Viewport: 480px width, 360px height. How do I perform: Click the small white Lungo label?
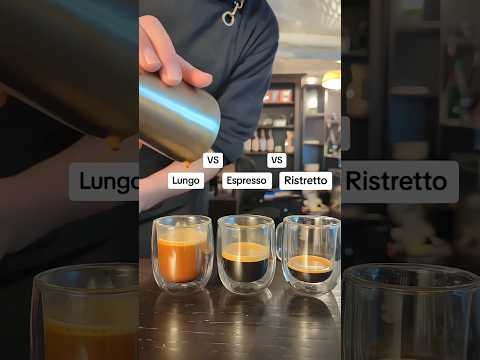click(186, 181)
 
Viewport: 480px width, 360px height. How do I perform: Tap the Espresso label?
click(247, 181)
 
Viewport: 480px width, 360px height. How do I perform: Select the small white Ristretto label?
click(305, 181)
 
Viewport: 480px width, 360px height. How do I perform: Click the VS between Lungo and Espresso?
click(213, 160)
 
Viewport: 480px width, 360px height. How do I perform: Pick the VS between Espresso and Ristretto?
click(276, 160)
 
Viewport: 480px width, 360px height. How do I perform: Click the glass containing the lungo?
click(182, 252)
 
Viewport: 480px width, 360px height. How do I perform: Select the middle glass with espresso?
click(246, 254)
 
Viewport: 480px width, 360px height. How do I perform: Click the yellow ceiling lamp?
click(332, 80)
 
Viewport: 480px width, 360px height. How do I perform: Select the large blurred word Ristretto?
click(397, 181)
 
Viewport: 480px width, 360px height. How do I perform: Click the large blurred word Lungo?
click(109, 182)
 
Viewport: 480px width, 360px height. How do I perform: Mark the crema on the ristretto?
click(311, 264)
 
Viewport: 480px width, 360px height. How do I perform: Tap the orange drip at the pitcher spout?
click(187, 164)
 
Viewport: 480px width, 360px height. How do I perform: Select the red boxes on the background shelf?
click(278, 97)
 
